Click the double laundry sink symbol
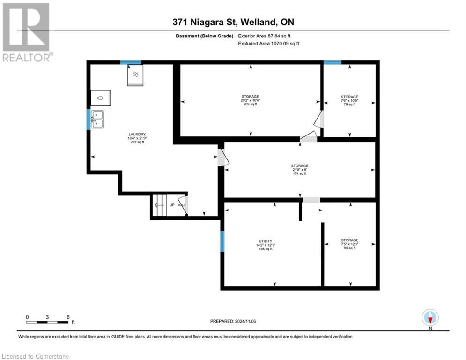tap(97, 120)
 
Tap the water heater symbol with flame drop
tap(101, 98)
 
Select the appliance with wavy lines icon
tap(135, 75)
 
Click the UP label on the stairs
tap(172, 205)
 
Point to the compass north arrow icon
tap(429, 318)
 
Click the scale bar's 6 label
tap(68, 317)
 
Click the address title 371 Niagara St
tap(233, 22)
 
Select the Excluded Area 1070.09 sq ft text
tap(268, 44)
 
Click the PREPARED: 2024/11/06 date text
tap(233, 321)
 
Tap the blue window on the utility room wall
tap(222, 242)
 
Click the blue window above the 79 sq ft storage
tap(333, 62)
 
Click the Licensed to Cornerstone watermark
tap(35, 356)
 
